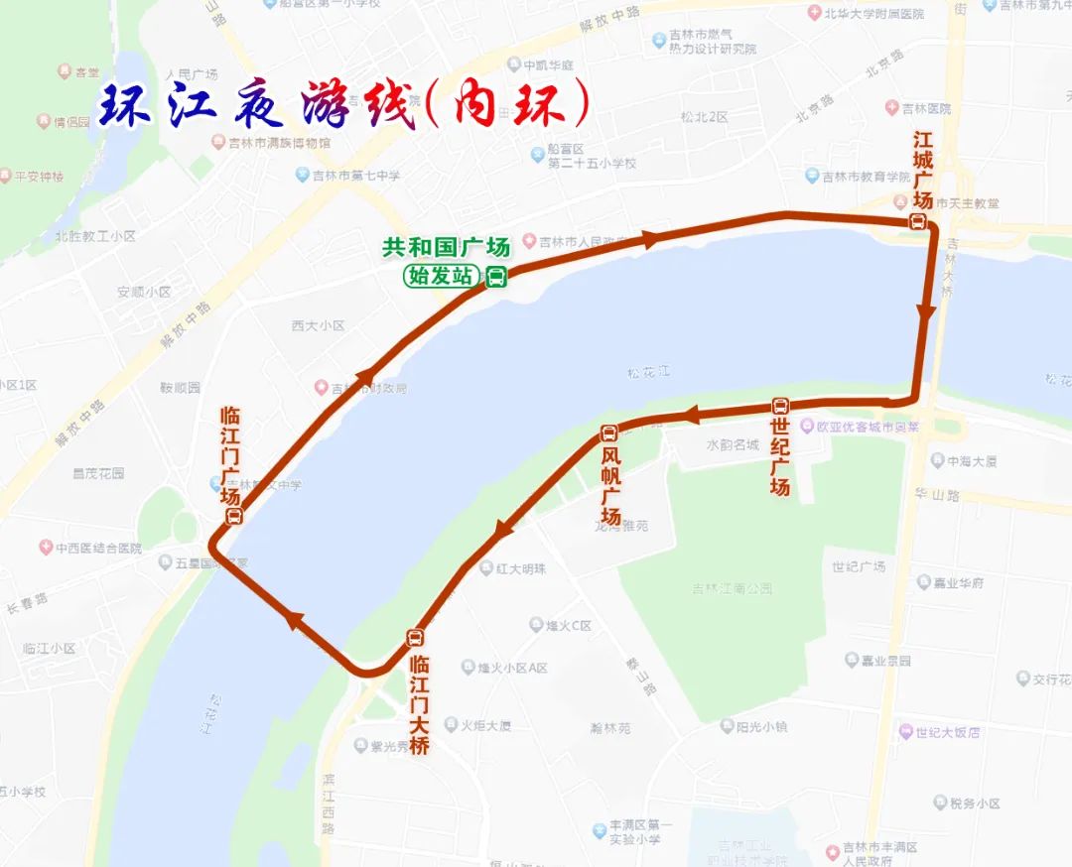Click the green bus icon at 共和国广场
click(496, 277)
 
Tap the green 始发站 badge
click(442, 277)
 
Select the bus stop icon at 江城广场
click(919, 223)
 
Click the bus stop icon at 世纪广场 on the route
click(780, 406)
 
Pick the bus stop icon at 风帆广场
click(609, 433)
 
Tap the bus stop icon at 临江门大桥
click(415, 638)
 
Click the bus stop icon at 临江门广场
click(234, 516)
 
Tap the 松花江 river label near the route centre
click(649, 372)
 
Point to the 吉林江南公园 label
click(733, 588)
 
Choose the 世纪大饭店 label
click(947, 732)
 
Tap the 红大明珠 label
click(519, 568)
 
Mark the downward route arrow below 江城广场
click(925, 312)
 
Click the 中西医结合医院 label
click(97, 548)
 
